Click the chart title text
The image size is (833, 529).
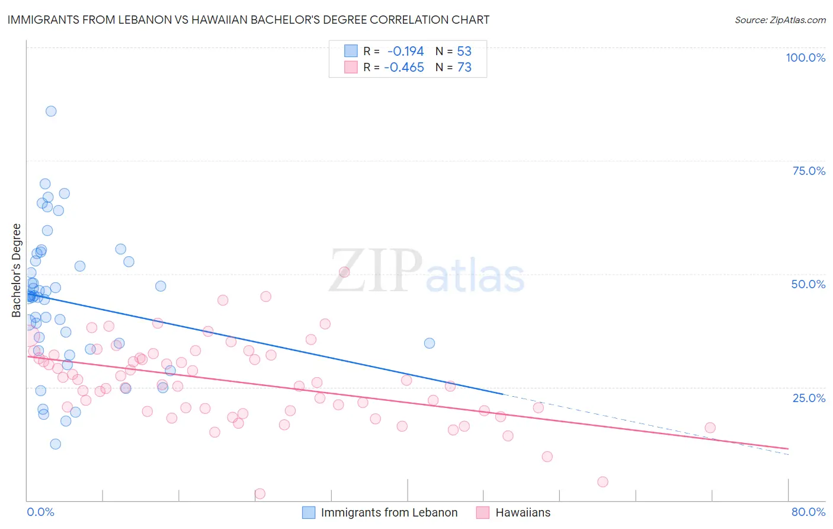[x=248, y=20]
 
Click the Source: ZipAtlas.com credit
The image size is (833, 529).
[x=780, y=20]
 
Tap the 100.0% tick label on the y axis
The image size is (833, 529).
[x=805, y=58]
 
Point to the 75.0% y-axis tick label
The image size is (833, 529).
[x=809, y=171]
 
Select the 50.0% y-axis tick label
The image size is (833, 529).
[x=808, y=284]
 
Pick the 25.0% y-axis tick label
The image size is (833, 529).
[x=809, y=397]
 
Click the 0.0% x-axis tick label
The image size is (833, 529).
[x=40, y=512]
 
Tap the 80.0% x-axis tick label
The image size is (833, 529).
[x=808, y=512]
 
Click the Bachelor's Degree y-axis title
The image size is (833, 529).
[x=17, y=270]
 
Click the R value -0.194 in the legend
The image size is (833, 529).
[x=405, y=51]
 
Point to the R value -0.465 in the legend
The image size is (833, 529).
[x=404, y=67]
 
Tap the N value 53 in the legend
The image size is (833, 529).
[x=464, y=51]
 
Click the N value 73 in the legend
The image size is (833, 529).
[x=464, y=67]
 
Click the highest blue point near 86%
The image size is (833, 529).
[x=51, y=111]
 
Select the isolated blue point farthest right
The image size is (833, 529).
[x=430, y=343]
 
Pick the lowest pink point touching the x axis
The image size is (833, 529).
[x=259, y=493]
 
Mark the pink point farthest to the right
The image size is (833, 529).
[x=710, y=428]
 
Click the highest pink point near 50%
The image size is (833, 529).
[x=344, y=272]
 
